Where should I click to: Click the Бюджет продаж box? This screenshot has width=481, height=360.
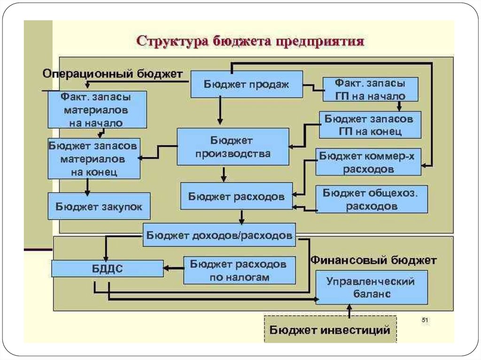pos(246,84)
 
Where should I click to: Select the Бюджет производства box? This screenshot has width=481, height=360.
pos(233,146)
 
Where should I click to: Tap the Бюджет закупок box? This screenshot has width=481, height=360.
pos(99,206)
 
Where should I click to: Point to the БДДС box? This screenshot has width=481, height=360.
pos(107,269)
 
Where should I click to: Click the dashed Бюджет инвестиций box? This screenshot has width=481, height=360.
pos(330,329)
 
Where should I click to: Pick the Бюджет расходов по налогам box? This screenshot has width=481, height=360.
pos(240,270)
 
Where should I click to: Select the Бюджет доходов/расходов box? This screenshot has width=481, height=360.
pos(219,235)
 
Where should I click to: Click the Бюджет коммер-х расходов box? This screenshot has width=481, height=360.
pos(368,162)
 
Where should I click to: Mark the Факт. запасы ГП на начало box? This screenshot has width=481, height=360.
pos(370,89)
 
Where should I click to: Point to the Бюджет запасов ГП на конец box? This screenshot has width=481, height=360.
pos(370,124)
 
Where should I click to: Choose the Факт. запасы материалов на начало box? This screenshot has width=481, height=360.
pos(97,110)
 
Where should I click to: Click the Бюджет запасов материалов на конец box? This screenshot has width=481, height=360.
pos(94,158)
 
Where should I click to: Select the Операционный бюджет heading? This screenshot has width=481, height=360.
pos(112,74)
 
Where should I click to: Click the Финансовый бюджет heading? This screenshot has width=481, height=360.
pos(373,260)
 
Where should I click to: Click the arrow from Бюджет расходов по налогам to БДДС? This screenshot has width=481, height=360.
pos(173,269)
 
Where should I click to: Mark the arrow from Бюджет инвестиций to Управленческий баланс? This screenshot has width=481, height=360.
pos(349,310)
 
